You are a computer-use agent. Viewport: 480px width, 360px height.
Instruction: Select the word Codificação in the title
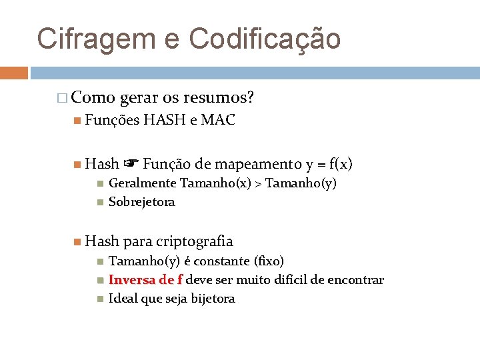pyautogui.click(x=265, y=39)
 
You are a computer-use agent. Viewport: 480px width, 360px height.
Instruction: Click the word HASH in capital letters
pyautogui.click(x=165, y=121)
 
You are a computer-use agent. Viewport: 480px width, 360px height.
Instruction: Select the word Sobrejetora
pyautogui.click(x=141, y=202)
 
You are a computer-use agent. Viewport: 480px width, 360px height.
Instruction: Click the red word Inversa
pyautogui.click(x=133, y=280)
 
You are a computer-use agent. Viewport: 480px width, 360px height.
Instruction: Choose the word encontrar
pyautogui.click(x=356, y=280)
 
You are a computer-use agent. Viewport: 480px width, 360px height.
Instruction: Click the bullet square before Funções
pyautogui.click(x=78, y=121)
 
